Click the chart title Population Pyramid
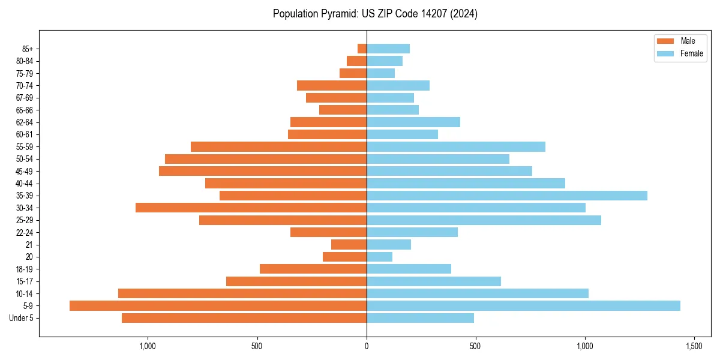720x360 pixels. coord(375,14)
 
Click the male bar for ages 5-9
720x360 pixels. coord(218,306)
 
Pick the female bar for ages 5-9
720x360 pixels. coord(523,306)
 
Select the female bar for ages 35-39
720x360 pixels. coord(507,196)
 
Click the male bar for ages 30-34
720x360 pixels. coord(251,208)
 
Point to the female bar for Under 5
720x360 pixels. coord(420,318)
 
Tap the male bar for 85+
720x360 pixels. coord(362,49)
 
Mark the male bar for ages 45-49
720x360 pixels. coord(263,171)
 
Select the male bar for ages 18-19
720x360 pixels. coord(313,269)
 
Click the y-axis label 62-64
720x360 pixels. coord(25,122)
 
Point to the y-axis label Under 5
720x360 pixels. coord(22,318)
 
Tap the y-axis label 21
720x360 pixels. coord(29,245)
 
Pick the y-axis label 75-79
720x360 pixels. coord(25,73)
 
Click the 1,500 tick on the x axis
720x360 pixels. coord(694,346)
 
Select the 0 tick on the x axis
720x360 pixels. coord(367,346)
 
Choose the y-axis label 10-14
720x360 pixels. coord(25,293)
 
